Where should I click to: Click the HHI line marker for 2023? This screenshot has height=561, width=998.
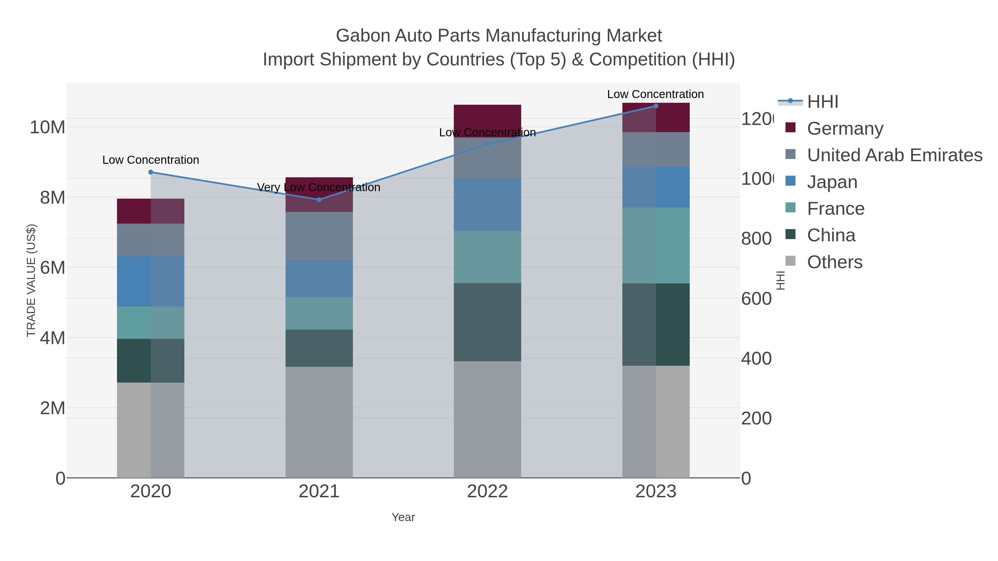pos(656,106)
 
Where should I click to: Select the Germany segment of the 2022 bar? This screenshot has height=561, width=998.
pos(487,116)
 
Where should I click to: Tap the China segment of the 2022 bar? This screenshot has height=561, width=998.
pos(487,322)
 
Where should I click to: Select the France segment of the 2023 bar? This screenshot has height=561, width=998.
pos(656,245)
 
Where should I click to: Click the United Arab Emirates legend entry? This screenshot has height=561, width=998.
pos(894,155)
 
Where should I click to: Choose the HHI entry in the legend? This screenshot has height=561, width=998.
pos(822,102)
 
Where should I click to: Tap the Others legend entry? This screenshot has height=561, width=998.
pos(834,262)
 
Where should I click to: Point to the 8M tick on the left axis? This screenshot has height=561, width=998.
pos(53,198)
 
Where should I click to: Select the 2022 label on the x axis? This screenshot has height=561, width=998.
pos(487,491)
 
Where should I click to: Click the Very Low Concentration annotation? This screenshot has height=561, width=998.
pos(319,187)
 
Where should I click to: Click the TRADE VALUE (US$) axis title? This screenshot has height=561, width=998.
pos(31,280)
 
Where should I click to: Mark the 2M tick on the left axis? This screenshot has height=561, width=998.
pos(53,408)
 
